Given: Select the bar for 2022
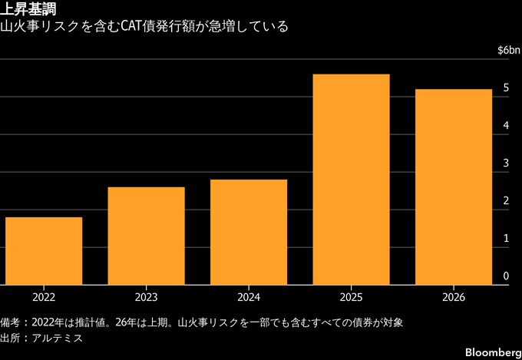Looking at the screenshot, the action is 44,251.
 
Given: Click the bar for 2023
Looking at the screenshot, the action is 146,236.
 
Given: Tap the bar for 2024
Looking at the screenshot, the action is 249,232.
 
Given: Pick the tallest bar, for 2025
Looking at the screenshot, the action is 352,180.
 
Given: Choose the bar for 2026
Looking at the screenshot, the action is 454,187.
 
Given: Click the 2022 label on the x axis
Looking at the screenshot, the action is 44,297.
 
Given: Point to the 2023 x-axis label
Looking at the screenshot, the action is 146,297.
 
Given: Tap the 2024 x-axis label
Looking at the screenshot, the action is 249,297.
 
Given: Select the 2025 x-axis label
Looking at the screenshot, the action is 352,297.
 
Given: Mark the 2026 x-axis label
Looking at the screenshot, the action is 454,297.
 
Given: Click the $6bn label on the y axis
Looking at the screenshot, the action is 509,51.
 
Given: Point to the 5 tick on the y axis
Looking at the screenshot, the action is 506,88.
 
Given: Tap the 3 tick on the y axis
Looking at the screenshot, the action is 506,163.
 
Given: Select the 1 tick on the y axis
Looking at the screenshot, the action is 506,239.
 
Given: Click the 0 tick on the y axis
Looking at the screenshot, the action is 506,276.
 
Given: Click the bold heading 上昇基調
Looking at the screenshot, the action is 28,9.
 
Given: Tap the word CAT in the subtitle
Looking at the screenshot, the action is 130,26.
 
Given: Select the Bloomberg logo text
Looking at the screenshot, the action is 494,352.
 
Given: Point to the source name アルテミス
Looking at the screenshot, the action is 58,338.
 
